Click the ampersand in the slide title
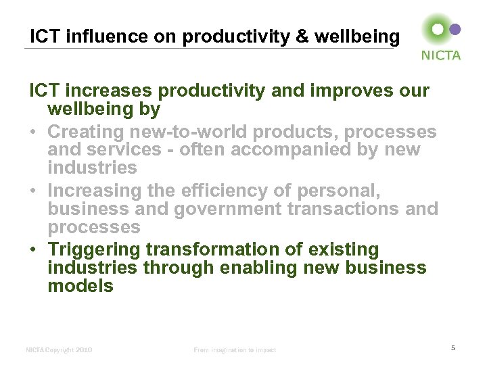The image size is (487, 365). [302, 36]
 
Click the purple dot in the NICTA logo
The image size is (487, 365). [455, 29]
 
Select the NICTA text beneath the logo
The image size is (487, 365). [440, 55]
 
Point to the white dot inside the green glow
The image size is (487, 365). [438, 29]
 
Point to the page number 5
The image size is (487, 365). [453, 347]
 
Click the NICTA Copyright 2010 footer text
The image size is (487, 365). [59, 349]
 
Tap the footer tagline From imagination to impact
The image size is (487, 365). [235, 349]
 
